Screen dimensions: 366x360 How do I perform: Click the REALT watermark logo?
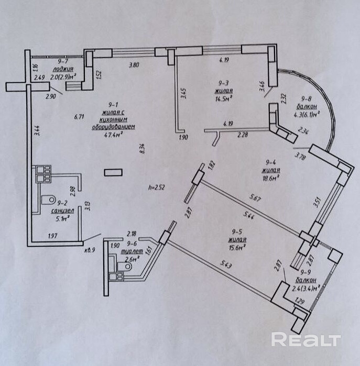click(306, 339)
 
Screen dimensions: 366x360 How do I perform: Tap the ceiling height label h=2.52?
click(157, 186)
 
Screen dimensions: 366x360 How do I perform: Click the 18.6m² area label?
click(271, 178)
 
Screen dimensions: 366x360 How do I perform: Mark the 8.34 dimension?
click(141, 149)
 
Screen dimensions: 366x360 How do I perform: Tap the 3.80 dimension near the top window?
click(134, 65)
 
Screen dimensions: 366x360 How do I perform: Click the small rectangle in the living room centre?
click(113, 172)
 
